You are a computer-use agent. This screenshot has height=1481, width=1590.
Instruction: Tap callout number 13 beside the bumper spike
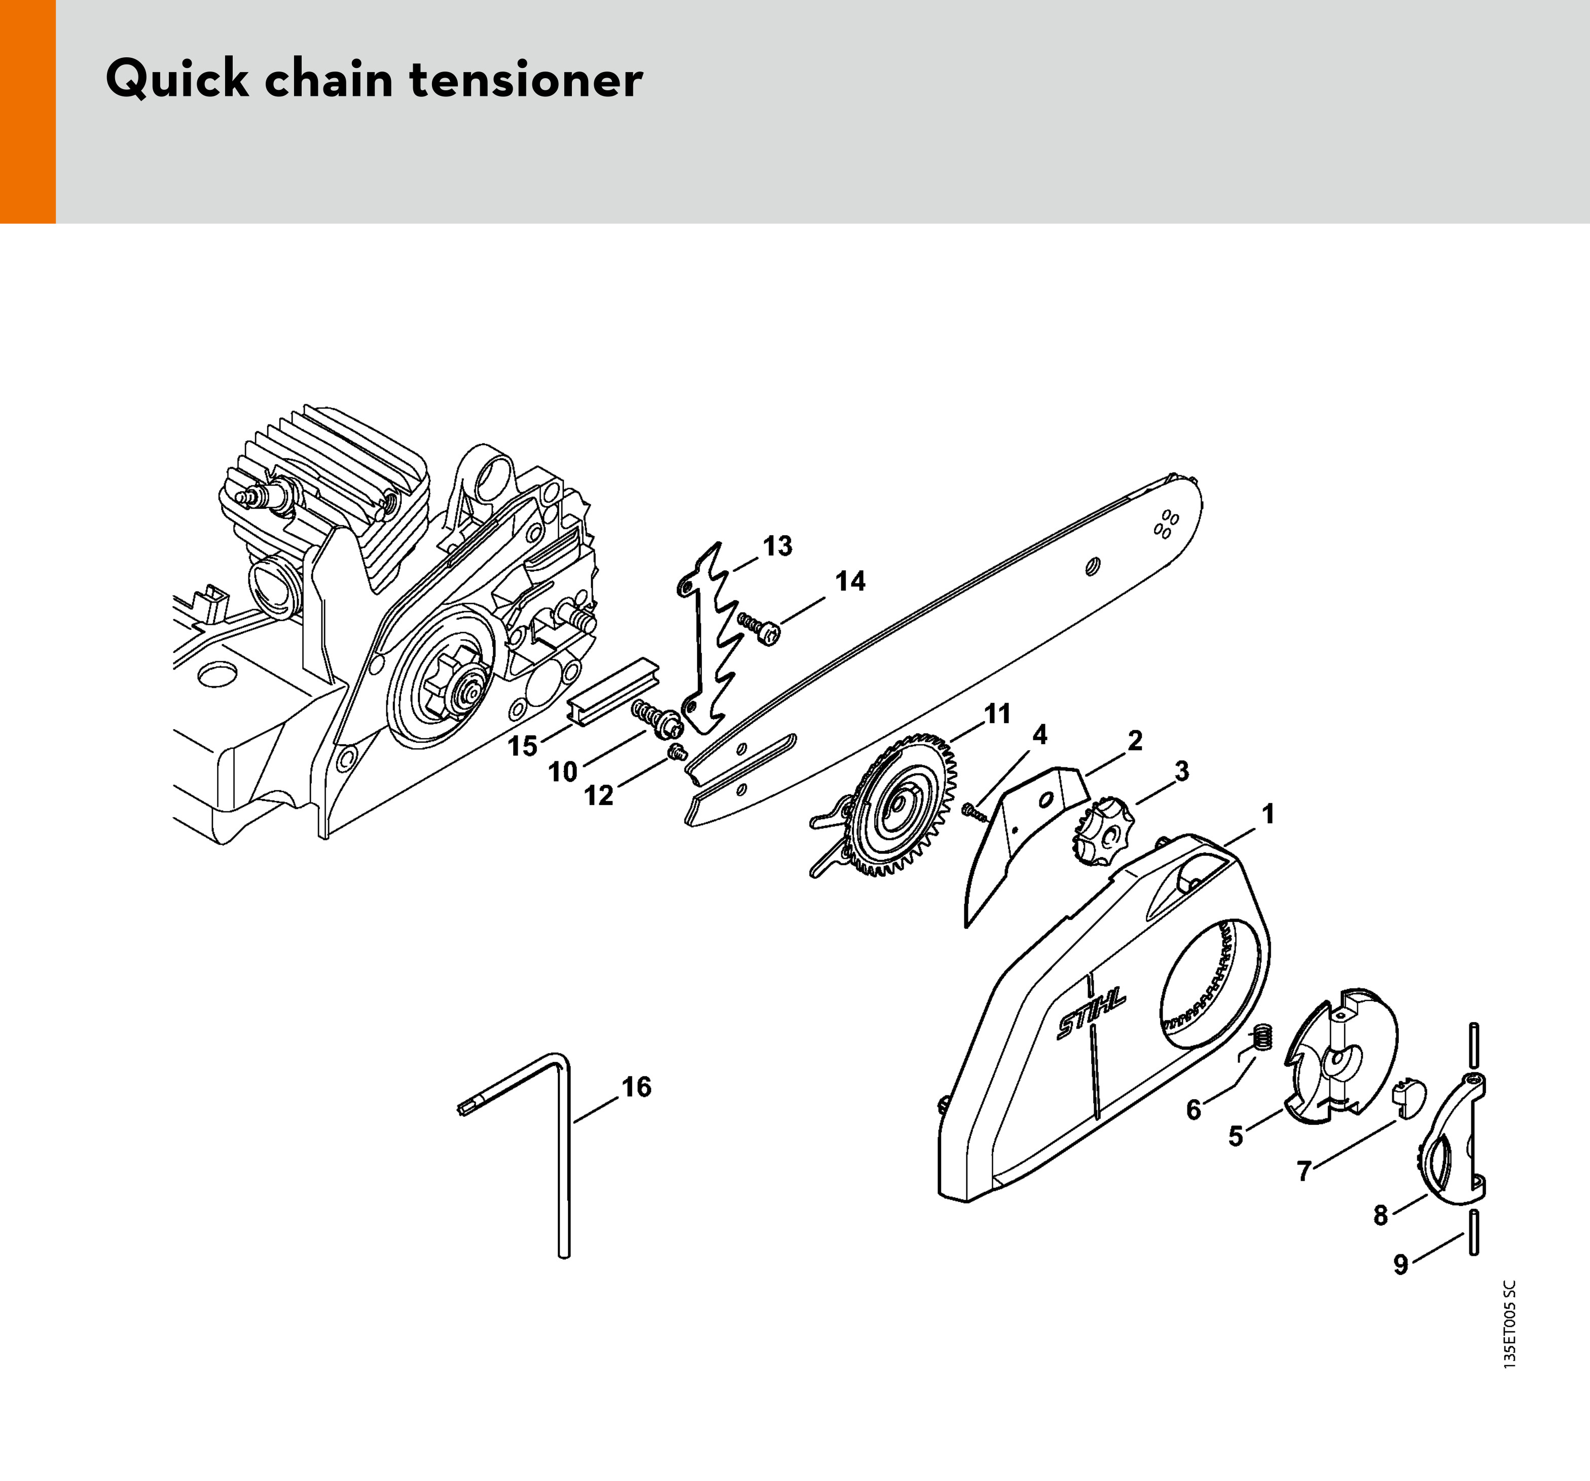(x=777, y=546)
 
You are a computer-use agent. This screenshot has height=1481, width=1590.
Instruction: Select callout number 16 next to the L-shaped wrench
(x=637, y=1087)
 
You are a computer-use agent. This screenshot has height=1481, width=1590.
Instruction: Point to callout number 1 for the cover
(x=1268, y=815)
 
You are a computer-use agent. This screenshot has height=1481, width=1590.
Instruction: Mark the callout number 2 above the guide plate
(x=1134, y=741)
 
